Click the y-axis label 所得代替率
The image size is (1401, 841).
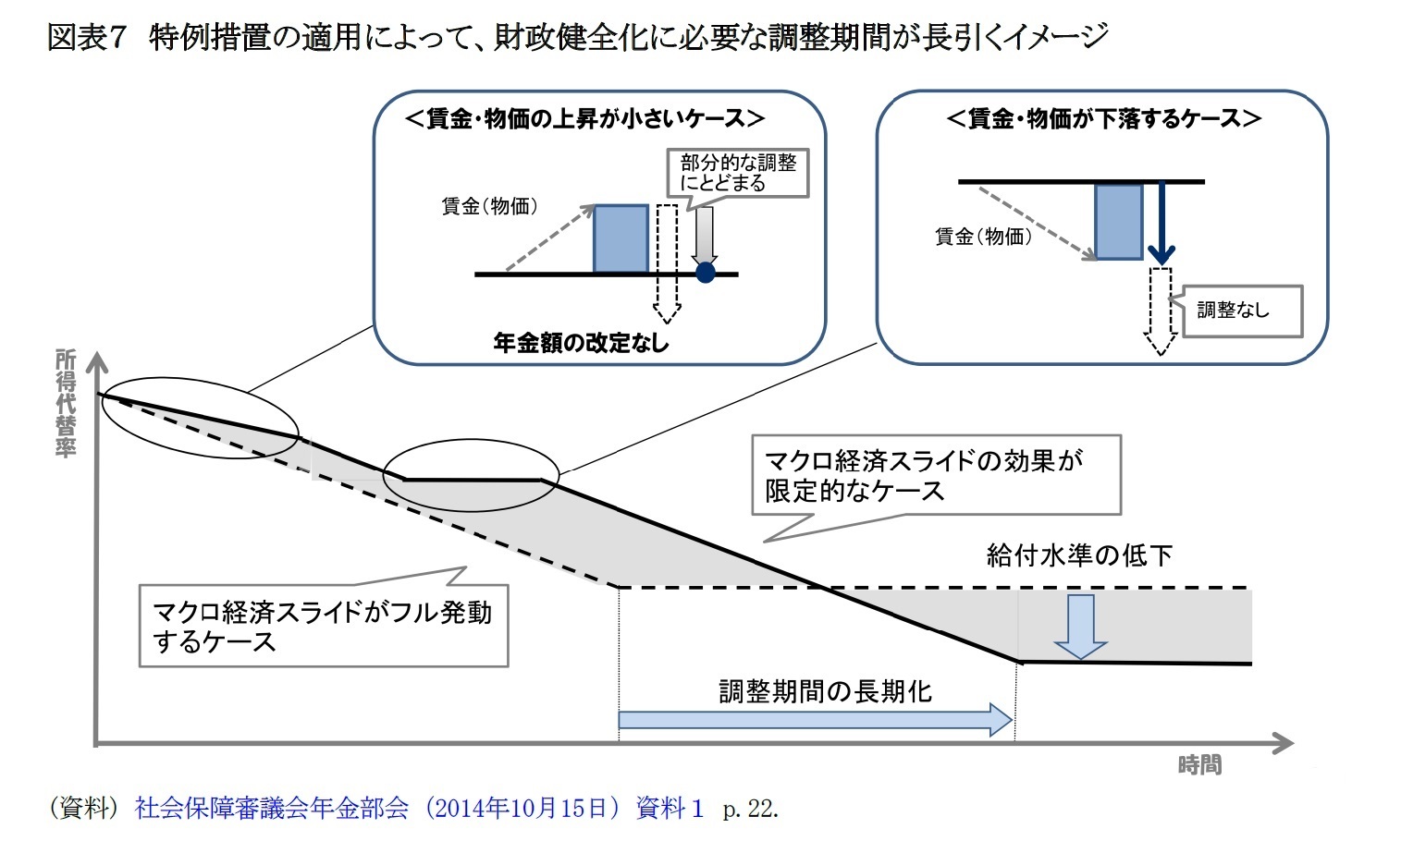point(65,403)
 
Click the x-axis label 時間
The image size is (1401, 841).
point(1199,765)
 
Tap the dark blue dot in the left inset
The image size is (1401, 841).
point(706,273)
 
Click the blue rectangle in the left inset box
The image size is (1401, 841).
point(621,239)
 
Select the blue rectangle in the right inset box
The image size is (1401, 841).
point(1118,222)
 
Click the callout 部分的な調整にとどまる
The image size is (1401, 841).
point(738,173)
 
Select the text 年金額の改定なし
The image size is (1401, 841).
point(581,343)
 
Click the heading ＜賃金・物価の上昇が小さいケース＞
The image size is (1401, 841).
point(585,118)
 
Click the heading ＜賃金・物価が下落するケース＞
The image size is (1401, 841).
point(1104,118)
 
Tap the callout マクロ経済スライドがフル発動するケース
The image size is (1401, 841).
point(322,626)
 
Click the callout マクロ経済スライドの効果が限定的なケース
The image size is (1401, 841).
point(934,475)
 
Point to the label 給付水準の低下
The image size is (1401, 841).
point(1079,555)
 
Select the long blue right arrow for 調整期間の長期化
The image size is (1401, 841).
point(815,719)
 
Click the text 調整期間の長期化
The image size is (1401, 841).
point(825,691)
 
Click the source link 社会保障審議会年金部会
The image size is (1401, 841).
point(271,809)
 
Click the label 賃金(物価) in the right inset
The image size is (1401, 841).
point(983,237)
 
